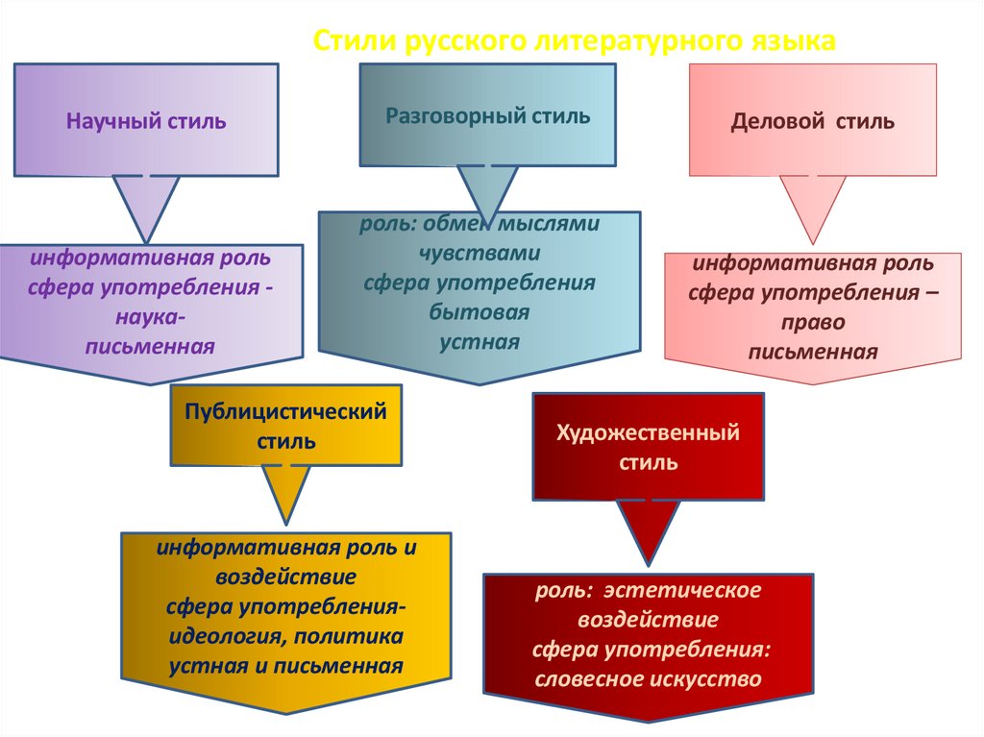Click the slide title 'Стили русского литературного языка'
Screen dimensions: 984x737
click(x=576, y=41)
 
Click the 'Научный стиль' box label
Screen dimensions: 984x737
click(x=146, y=122)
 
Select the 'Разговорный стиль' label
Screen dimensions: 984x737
click(x=488, y=116)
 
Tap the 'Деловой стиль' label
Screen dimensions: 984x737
click(x=813, y=122)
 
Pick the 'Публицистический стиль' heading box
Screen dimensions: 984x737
click(x=285, y=427)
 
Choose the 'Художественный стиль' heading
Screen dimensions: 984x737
click(x=649, y=447)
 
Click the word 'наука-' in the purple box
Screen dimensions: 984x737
click(x=150, y=316)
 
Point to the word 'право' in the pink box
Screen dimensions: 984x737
click(x=813, y=323)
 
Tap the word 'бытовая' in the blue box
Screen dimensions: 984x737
click(x=480, y=312)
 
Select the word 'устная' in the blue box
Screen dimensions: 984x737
click(x=480, y=342)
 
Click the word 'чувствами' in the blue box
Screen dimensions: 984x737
click(x=480, y=254)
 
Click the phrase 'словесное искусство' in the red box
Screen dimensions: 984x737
click(x=649, y=679)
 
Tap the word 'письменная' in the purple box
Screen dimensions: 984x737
click(x=150, y=345)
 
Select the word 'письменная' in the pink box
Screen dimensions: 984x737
click(x=813, y=352)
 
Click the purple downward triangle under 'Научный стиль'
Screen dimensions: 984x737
click(x=146, y=205)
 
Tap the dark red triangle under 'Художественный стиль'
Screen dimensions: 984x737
click(x=649, y=529)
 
